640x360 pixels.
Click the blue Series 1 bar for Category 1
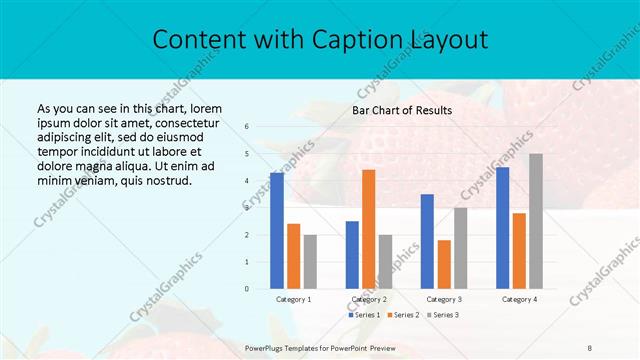pos(276,231)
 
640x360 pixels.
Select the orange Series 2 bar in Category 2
pos(368,229)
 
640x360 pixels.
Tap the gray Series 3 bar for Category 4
pos(536,221)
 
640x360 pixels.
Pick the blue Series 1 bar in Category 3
pos(427,241)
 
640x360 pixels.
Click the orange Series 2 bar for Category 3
pos(444,264)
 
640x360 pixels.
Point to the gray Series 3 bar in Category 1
pos(310,262)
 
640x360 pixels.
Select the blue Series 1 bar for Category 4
pos(502,228)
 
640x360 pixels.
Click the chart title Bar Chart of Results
pos(402,110)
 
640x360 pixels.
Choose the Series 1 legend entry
pos(364,315)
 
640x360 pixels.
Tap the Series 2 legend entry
pos(402,315)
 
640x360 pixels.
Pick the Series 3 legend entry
pos(442,315)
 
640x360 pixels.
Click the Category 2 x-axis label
pos(368,299)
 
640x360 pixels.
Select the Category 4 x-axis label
pos(519,299)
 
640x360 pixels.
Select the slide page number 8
pos(589,346)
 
